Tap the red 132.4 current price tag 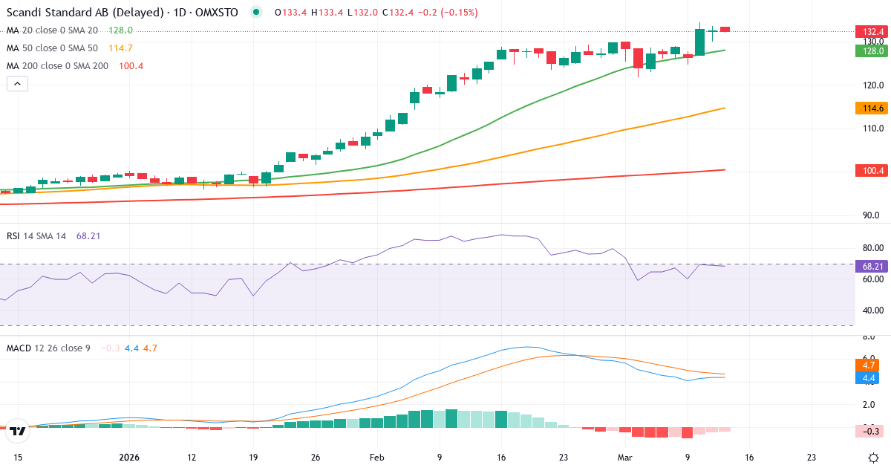tap(869, 32)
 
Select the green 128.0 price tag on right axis tap(869, 51)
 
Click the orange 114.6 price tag tap(869, 108)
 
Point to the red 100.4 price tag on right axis tap(869, 171)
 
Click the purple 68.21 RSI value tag tap(869, 266)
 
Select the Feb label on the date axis tap(377, 458)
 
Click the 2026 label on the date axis tap(130, 458)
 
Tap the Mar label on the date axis tap(625, 458)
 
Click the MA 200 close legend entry tap(58, 66)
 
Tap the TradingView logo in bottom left tap(19, 430)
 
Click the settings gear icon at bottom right tap(874, 458)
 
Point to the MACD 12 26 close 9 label tap(48, 348)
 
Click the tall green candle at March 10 tap(699, 42)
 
